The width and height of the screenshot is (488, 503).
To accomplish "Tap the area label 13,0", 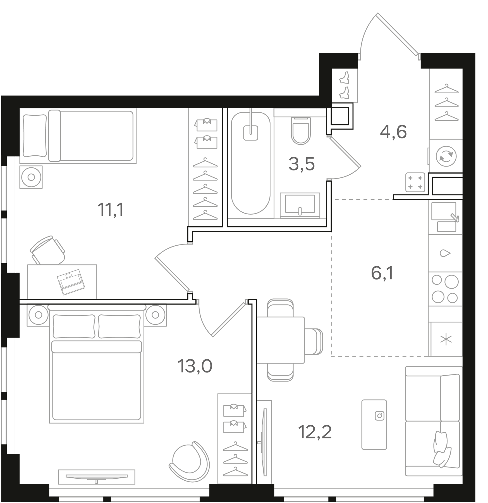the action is click(x=195, y=366).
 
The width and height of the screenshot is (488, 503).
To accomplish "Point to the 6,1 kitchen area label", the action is click(x=382, y=273).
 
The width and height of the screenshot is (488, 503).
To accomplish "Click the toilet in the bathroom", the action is click(x=301, y=130).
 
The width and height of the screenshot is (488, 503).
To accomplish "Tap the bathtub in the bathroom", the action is click(x=251, y=163).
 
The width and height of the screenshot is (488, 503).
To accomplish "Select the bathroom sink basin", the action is click(x=300, y=205).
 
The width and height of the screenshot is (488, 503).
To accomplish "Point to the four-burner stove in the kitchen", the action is click(x=445, y=289).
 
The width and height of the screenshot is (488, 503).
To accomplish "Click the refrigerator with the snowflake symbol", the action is click(x=446, y=339).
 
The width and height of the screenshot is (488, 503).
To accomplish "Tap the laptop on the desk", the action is click(x=71, y=282).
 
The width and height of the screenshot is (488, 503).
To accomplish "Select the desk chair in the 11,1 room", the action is click(x=48, y=250).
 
